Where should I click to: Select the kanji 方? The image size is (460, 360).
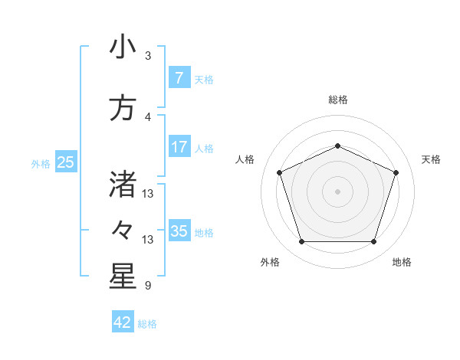(x=122, y=109)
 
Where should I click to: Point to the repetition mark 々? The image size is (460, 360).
(x=122, y=229)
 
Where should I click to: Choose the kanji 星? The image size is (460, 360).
(x=122, y=277)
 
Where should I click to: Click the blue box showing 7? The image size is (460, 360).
(x=179, y=78)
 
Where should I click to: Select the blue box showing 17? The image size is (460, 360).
(x=179, y=147)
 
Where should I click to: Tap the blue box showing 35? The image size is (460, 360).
(x=179, y=231)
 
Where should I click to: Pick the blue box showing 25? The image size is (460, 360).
(x=65, y=162)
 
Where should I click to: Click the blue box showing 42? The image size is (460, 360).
(x=123, y=322)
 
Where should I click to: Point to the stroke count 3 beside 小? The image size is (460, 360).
(x=148, y=56)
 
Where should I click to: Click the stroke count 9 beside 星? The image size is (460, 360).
(x=147, y=286)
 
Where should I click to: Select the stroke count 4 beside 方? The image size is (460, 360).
(x=148, y=116)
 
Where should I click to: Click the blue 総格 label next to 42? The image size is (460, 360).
(x=147, y=324)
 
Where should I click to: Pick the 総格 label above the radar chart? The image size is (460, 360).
(x=337, y=100)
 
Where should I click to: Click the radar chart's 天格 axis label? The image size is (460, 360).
(x=431, y=159)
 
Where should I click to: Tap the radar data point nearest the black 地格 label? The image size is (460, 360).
(x=373, y=242)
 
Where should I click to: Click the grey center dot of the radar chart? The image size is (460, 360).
(x=337, y=191)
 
